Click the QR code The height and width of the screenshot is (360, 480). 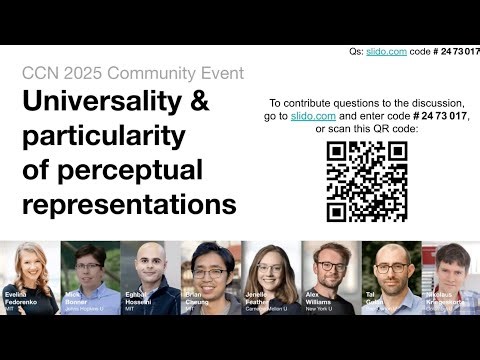(x=366, y=181)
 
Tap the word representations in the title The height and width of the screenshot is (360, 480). (x=129, y=205)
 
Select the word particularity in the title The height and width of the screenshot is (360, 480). (x=91, y=135)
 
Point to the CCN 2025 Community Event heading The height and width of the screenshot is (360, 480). (x=132, y=73)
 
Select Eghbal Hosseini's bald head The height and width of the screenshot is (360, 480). (x=150, y=258)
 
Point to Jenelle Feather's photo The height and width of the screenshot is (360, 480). (x=270, y=275)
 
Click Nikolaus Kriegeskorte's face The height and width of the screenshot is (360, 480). (x=450, y=268)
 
